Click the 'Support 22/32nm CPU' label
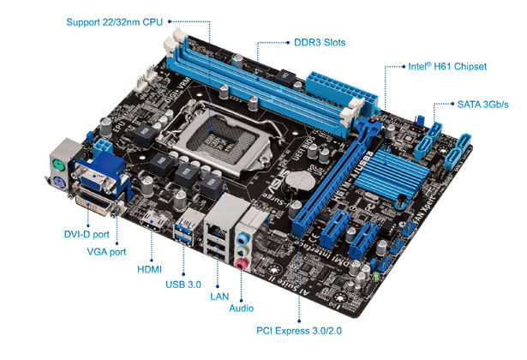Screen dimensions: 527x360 [x=114, y=22]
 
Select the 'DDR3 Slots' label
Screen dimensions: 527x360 [x=320, y=42]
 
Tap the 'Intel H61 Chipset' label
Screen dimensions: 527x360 [x=447, y=66]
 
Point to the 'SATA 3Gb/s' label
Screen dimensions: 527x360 [x=483, y=105]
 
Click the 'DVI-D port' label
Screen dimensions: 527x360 [x=87, y=234]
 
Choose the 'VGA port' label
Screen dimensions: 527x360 [x=106, y=251]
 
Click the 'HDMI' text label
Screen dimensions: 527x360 [x=150, y=269]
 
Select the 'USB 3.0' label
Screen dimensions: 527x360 [x=183, y=285]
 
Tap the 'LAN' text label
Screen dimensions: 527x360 [x=219, y=297]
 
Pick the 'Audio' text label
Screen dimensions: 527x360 [x=242, y=309]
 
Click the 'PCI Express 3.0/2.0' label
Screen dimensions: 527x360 [x=299, y=331]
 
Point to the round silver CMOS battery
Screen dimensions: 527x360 [x=300, y=181]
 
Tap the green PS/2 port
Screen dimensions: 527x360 [x=57, y=165]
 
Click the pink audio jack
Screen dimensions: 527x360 [x=242, y=263]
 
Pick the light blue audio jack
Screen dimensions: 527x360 [x=243, y=239]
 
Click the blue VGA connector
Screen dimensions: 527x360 [x=97, y=176]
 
